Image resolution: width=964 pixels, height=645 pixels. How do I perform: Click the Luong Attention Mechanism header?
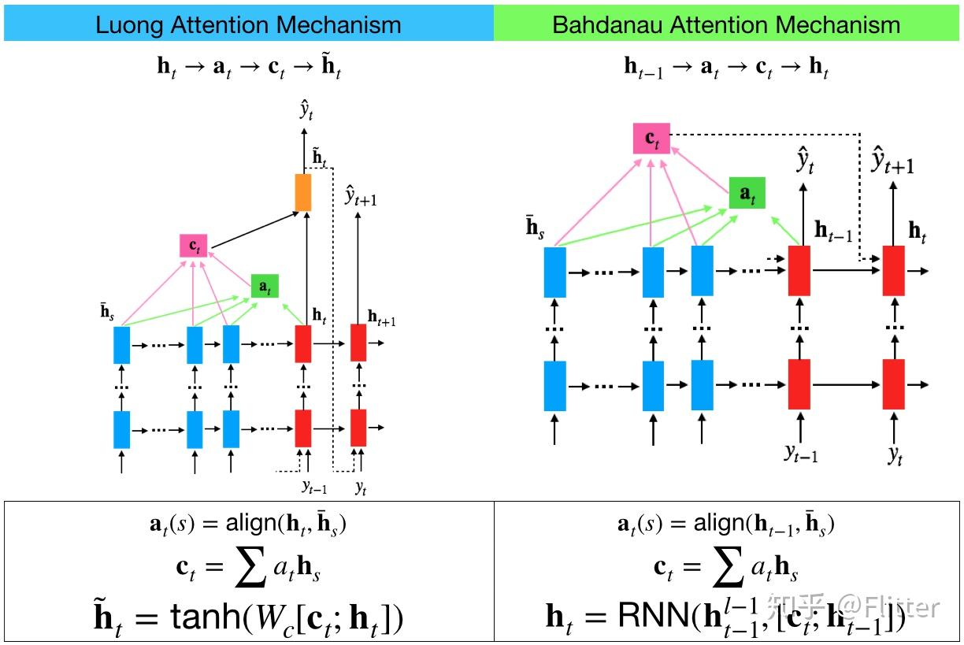[248, 24]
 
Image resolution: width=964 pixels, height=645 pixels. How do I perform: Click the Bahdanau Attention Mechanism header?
[725, 24]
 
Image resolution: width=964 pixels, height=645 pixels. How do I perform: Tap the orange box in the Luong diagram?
[303, 192]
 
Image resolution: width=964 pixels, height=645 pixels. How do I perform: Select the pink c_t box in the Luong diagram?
[192, 247]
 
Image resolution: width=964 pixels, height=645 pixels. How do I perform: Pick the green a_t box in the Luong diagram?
[265, 287]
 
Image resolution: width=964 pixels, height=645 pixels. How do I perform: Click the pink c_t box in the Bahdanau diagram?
[651, 139]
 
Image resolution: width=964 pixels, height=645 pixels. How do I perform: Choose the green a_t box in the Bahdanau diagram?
[747, 194]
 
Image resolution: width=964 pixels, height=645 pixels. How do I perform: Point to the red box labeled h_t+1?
[358, 343]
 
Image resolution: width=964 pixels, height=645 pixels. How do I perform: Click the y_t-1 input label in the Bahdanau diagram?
[800, 453]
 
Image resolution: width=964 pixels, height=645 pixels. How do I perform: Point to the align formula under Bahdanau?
[725, 524]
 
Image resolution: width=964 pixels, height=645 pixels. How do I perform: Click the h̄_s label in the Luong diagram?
[106, 313]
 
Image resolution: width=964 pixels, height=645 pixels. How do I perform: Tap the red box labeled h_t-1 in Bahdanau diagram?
[799, 271]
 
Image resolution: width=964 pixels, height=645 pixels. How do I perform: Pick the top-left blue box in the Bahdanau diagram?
[555, 271]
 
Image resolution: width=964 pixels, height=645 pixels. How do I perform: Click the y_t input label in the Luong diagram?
[361, 487]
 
